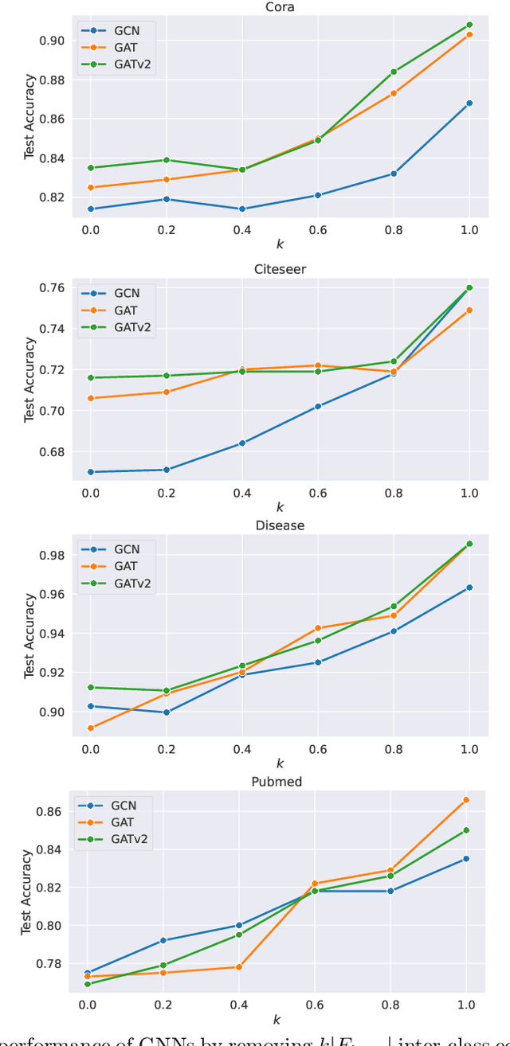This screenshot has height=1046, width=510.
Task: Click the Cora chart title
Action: pos(280,7)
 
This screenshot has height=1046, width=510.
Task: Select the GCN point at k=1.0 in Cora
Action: pos(469,103)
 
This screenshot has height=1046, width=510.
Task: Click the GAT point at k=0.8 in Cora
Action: pos(394,94)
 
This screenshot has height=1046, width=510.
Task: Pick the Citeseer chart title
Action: pos(280,269)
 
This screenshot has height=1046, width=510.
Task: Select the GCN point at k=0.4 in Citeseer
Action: pos(242,443)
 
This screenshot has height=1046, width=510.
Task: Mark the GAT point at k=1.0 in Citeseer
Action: pos(469,310)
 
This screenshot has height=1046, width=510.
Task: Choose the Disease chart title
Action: pos(280,525)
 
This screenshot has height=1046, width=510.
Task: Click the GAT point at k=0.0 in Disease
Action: pos(91,728)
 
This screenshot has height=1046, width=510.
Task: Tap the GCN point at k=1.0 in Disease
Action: pos(469,587)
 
